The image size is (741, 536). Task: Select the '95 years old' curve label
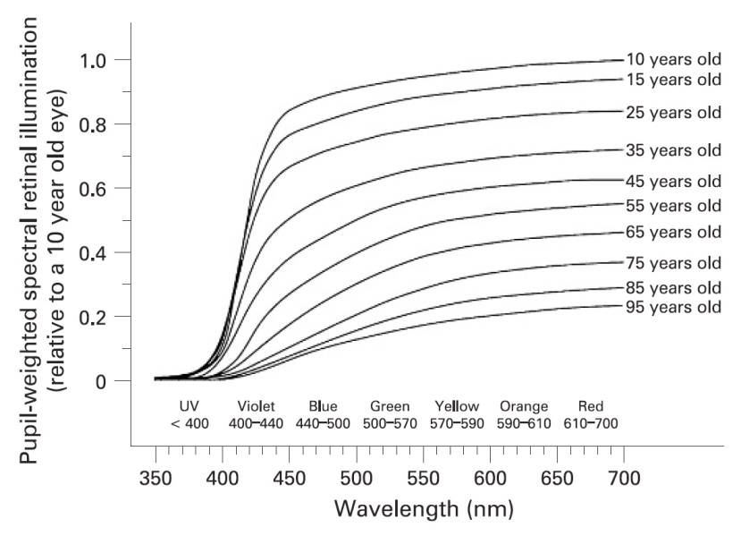click(673, 308)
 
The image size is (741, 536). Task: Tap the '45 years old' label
click(673, 182)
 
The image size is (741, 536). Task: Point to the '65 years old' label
click(673, 233)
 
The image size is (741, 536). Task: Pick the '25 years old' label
click(673, 113)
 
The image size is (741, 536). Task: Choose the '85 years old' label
click(673, 287)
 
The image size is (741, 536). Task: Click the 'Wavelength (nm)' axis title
click(424, 510)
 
